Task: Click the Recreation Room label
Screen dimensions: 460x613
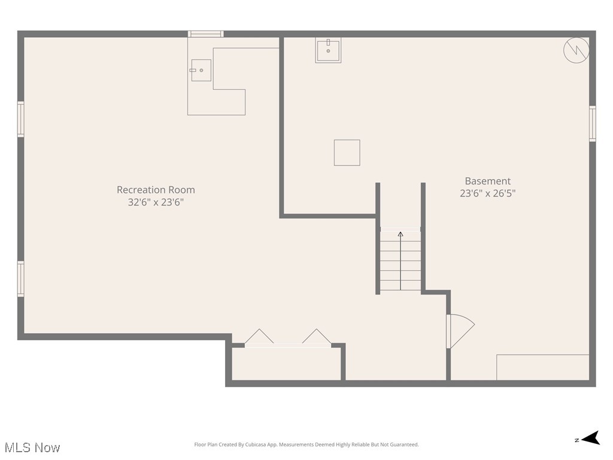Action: pyautogui.click(x=156, y=190)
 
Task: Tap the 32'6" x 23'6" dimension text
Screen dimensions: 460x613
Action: pyautogui.click(x=156, y=202)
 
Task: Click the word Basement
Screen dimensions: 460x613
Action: pyautogui.click(x=488, y=181)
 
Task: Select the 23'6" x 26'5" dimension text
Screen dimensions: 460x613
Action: pyautogui.click(x=488, y=193)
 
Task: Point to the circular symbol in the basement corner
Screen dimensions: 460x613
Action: pyautogui.click(x=576, y=50)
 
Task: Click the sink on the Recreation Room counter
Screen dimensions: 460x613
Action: pyautogui.click(x=201, y=70)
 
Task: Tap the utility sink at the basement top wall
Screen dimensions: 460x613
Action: pyautogui.click(x=328, y=50)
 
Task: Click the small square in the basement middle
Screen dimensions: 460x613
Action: pyautogui.click(x=347, y=152)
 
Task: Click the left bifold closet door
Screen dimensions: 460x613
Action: pyautogui.click(x=259, y=337)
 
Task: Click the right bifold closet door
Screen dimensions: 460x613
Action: pyautogui.click(x=317, y=337)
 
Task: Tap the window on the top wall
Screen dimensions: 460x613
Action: pyautogui.click(x=205, y=34)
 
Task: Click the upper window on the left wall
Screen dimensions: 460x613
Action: pyautogui.click(x=21, y=119)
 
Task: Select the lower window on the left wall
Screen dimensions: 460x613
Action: pyautogui.click(x=21, y=279)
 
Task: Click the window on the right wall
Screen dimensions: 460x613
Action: pyautogui.click(x=592, y=123)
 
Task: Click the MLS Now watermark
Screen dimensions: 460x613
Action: pyautogui.click(x=32, y=447)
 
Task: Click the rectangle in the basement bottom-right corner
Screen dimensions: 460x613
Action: pyautogui.click(x=542, y=367)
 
